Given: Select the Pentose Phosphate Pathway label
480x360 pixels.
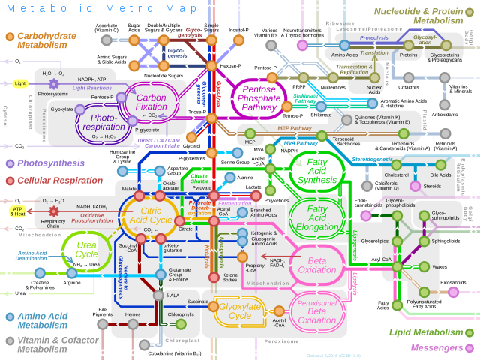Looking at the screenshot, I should [259, 97].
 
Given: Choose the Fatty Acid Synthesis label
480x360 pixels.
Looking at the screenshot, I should [317, 170].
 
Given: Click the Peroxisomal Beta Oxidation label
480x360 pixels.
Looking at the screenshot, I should [317, 310].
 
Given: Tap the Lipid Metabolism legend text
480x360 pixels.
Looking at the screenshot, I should [425, 331].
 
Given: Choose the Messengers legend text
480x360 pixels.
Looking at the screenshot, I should [436, 347].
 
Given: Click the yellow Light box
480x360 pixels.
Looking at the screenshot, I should [19, 83].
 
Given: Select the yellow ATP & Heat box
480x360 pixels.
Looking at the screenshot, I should [17, 212].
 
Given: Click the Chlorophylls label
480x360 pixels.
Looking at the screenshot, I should [180, 315].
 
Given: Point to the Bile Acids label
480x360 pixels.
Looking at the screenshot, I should [440, 175].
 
